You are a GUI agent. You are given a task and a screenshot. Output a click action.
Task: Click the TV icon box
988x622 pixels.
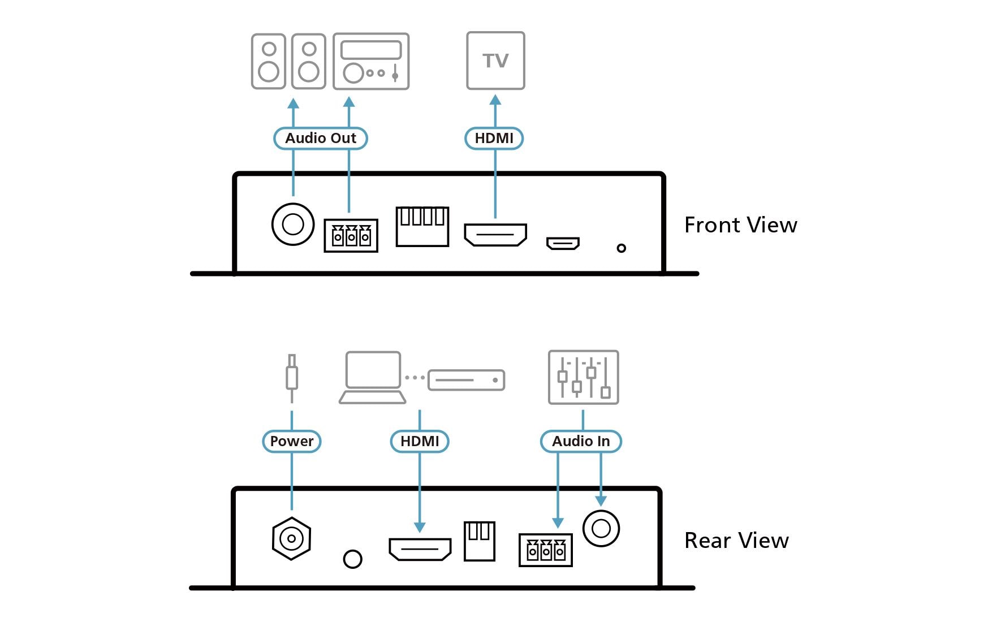tap(495, 61)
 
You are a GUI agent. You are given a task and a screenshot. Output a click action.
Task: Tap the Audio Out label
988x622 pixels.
tap(321, 139)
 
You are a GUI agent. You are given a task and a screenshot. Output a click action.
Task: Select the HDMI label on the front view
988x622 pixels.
tap(494, 139)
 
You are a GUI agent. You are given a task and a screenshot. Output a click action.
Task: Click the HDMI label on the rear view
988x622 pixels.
tap(420, 441)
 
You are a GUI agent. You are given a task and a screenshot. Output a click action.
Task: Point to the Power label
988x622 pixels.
tap(292, 441)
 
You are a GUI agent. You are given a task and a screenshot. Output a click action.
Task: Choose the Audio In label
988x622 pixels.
tap(581, 441)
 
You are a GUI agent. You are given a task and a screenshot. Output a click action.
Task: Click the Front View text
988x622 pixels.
tap(740, 225)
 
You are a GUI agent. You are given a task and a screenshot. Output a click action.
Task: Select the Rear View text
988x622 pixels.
tap(736, 541)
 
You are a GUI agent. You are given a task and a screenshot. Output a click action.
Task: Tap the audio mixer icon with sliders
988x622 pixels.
tap(583, 377)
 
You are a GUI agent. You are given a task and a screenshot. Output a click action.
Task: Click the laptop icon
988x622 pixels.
tap(373, 378)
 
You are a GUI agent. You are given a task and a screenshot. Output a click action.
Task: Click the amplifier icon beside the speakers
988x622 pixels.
tap(371, 61)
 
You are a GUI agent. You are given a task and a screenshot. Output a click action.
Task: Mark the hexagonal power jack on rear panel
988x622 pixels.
tap(291, 538)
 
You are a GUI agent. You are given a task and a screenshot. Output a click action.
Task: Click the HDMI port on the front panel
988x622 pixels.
tap(495, 235)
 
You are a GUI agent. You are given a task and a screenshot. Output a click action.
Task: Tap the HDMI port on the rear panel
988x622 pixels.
tap(420, 548)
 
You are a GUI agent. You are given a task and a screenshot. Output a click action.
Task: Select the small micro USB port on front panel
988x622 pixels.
tap(563, 243)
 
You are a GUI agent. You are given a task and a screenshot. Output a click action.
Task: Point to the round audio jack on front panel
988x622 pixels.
tap(293, 224)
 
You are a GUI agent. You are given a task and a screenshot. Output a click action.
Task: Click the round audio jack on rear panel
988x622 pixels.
tap(601, 529)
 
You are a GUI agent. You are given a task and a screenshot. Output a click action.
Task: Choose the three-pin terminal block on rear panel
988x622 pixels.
tap(546, 550)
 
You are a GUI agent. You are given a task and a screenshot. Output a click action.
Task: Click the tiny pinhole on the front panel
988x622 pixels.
tap(621, 248)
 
